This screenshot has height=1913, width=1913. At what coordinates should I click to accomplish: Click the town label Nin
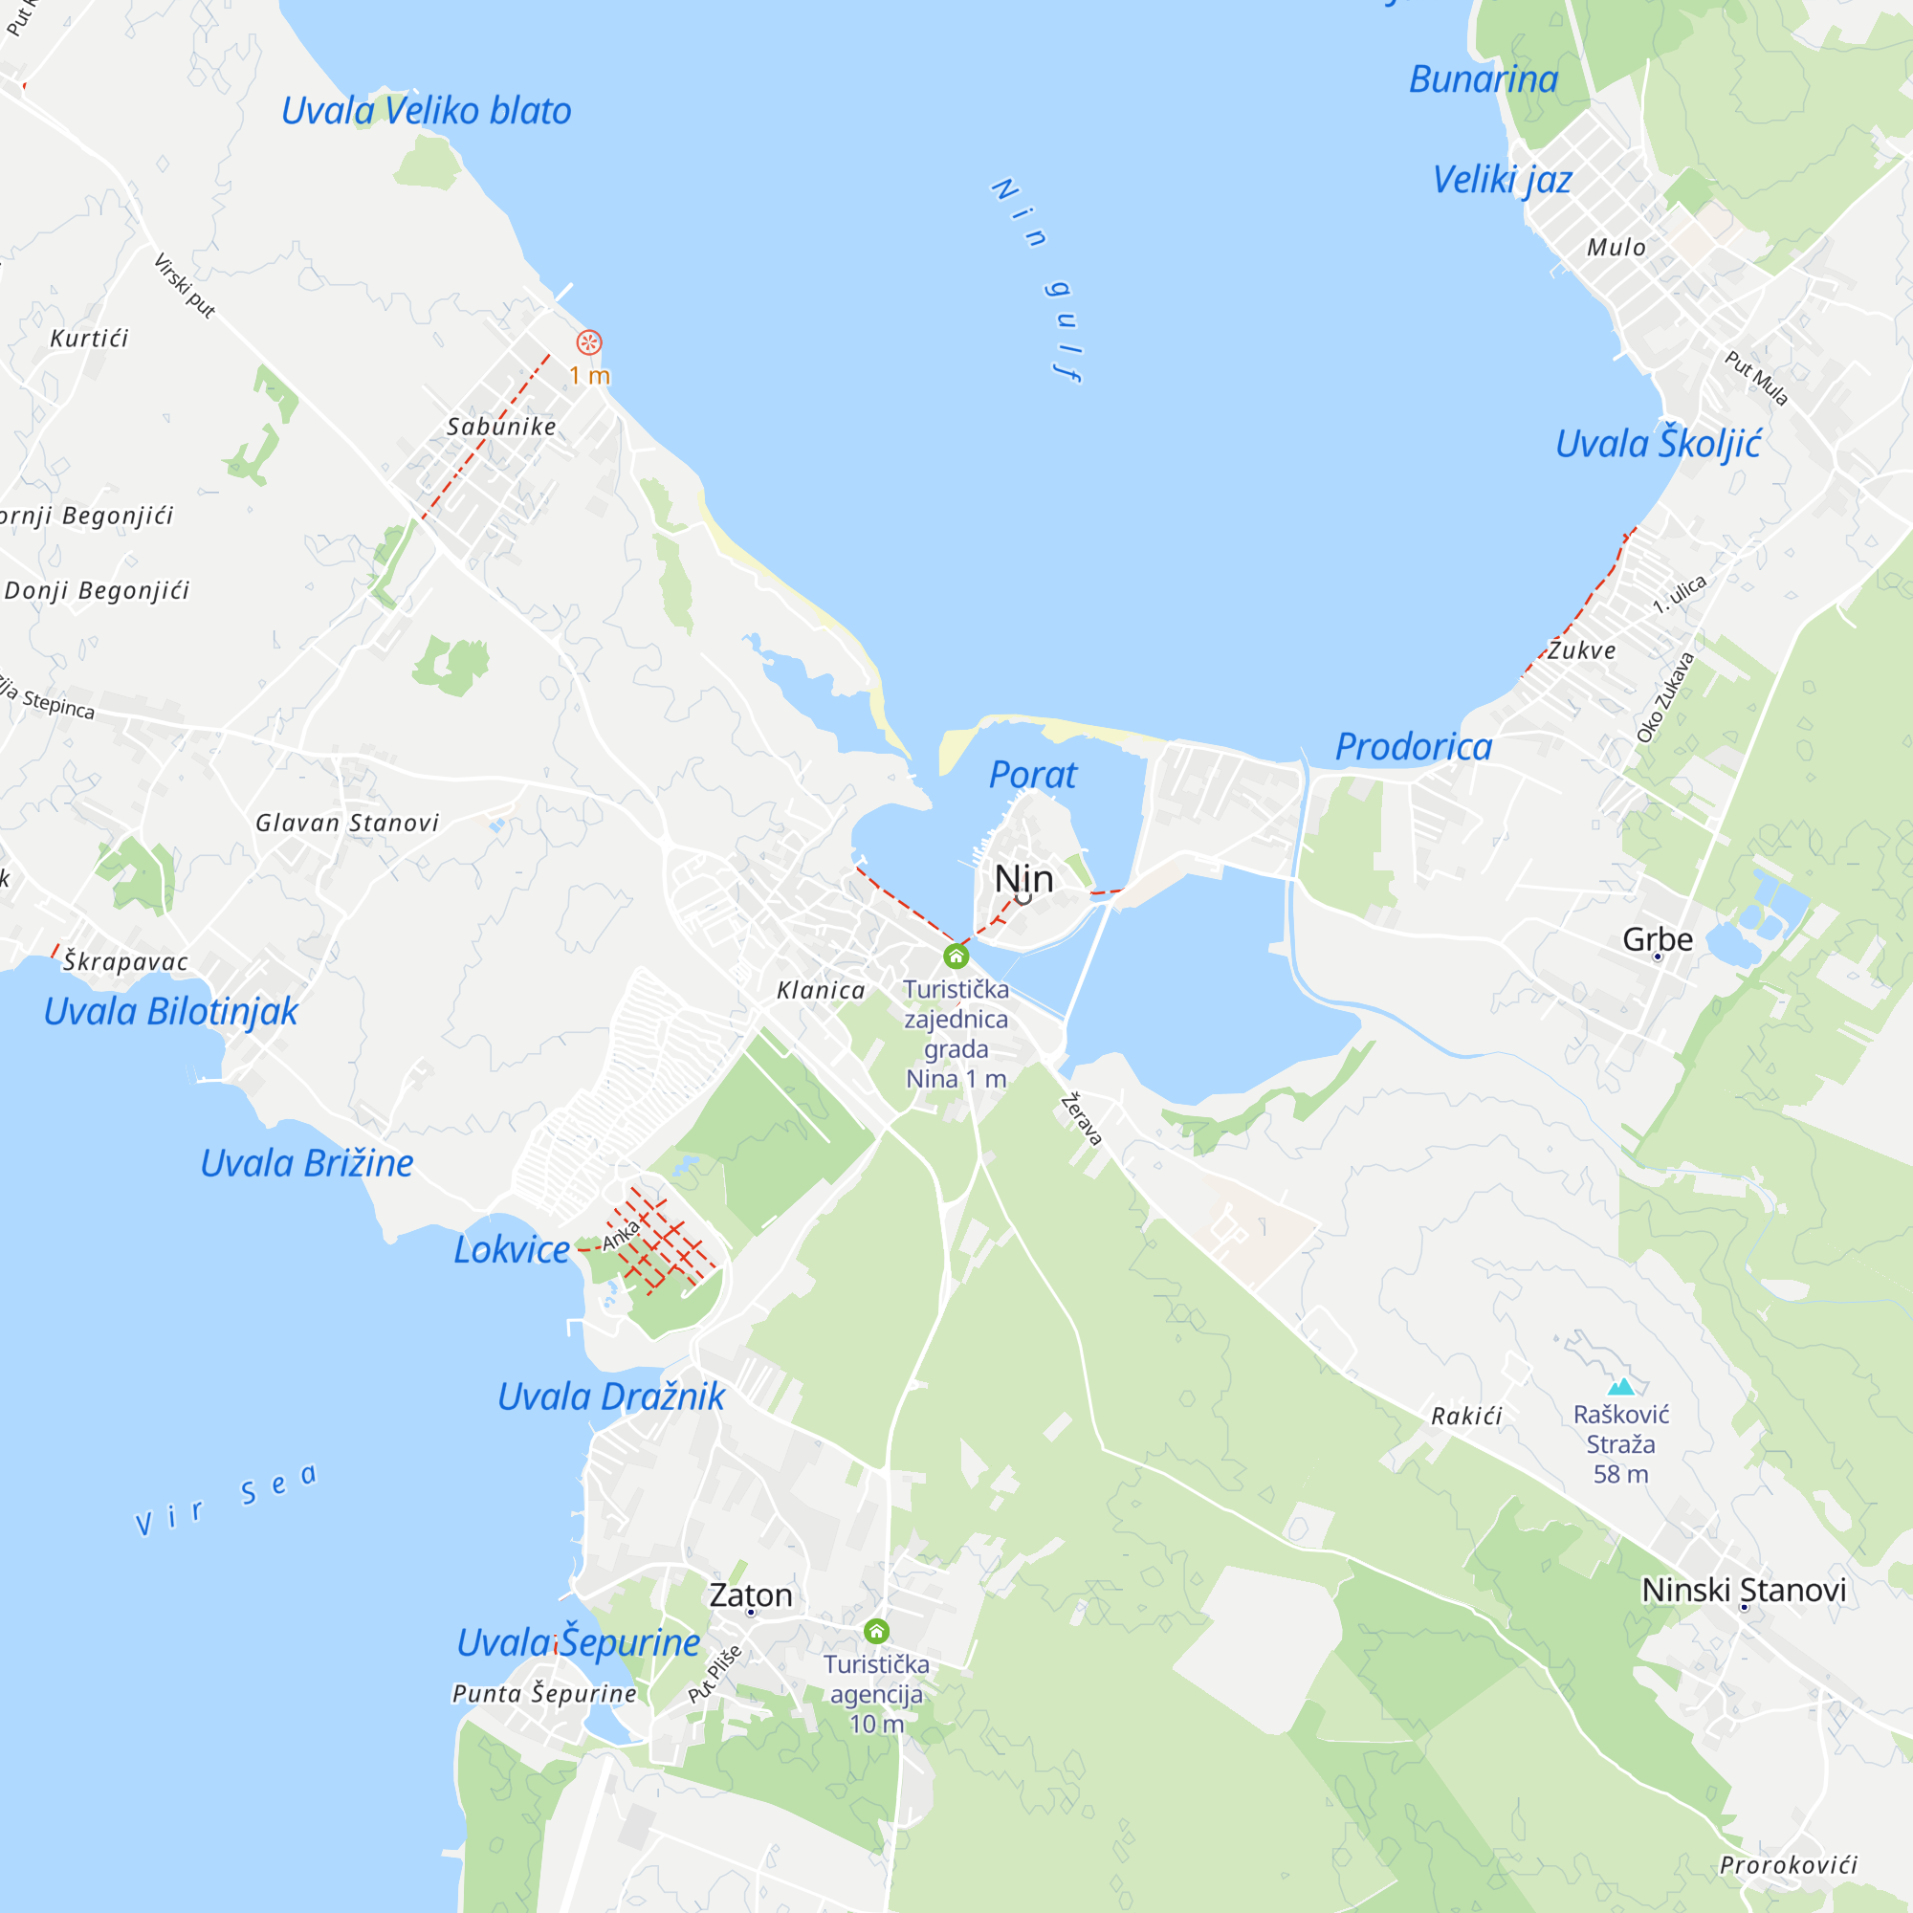tap(1022, 878)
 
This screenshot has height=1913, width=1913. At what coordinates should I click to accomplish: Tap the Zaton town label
tap(751, 1595)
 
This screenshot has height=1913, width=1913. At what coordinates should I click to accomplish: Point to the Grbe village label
tap(1658, 938)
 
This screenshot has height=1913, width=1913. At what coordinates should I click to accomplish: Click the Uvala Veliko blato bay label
tap(426, 111)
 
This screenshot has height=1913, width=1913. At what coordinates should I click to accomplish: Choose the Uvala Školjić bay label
tap(1658, 444)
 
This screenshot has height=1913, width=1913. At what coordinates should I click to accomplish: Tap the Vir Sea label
tap(227, 1499)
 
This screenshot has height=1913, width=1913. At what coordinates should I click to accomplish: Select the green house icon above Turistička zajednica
tap(956, 956)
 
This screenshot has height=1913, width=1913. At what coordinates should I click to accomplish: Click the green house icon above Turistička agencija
tap(876, 1631)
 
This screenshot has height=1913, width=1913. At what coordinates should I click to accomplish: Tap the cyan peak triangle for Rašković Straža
tap(1621, 1387)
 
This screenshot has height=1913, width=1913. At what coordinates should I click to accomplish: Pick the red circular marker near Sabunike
tap(589, 342)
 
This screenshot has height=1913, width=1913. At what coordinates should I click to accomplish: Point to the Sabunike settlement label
tap(501, 427)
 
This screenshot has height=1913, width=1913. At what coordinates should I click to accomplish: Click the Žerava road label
tap(1081, 1120)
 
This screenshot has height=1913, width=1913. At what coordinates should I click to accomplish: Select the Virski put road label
tap(185, 285)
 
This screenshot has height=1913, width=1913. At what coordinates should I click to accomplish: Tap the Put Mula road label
tap(1756, 377)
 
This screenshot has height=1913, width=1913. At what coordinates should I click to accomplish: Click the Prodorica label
tap(1413, 747)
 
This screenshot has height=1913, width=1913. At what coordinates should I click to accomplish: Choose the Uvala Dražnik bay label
tap(611, 1397)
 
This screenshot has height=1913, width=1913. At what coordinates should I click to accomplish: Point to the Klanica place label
tap(821, 990)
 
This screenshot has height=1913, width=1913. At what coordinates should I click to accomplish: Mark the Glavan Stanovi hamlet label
tap(346, 823)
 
